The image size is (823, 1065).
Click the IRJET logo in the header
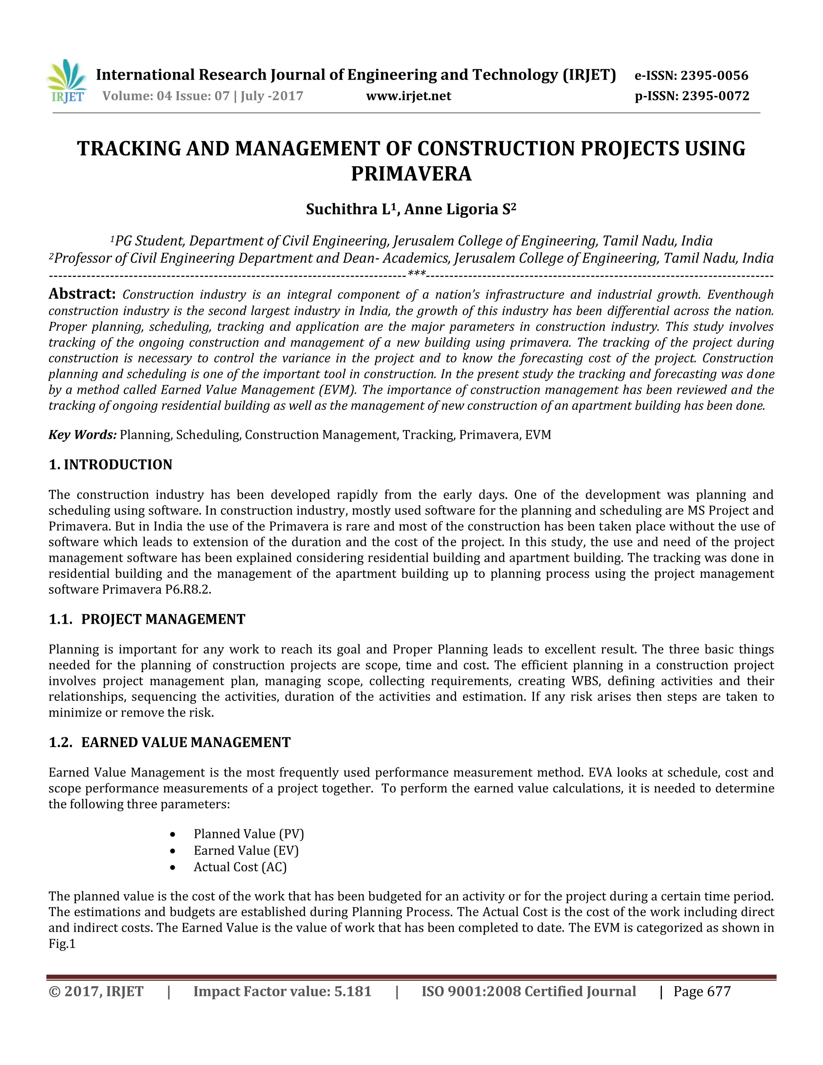(x=67, y=82)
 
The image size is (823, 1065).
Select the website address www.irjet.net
(x=409, y=96)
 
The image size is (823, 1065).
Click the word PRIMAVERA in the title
(x=411, y=174)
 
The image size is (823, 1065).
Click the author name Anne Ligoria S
(x=459, y=209)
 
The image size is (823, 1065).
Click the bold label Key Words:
(x=82, y=434)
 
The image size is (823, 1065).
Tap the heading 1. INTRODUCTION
(x=111, y=464)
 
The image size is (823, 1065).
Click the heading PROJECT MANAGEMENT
(x=163, y=619)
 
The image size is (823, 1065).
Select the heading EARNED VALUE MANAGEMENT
(x=185, y=742)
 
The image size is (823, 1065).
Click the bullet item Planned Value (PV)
(x=249, y=834)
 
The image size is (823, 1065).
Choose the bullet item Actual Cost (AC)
(x=240, y=867)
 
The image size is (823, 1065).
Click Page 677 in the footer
(x=702, y=991)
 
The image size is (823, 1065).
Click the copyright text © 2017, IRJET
(x=96, y=991)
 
